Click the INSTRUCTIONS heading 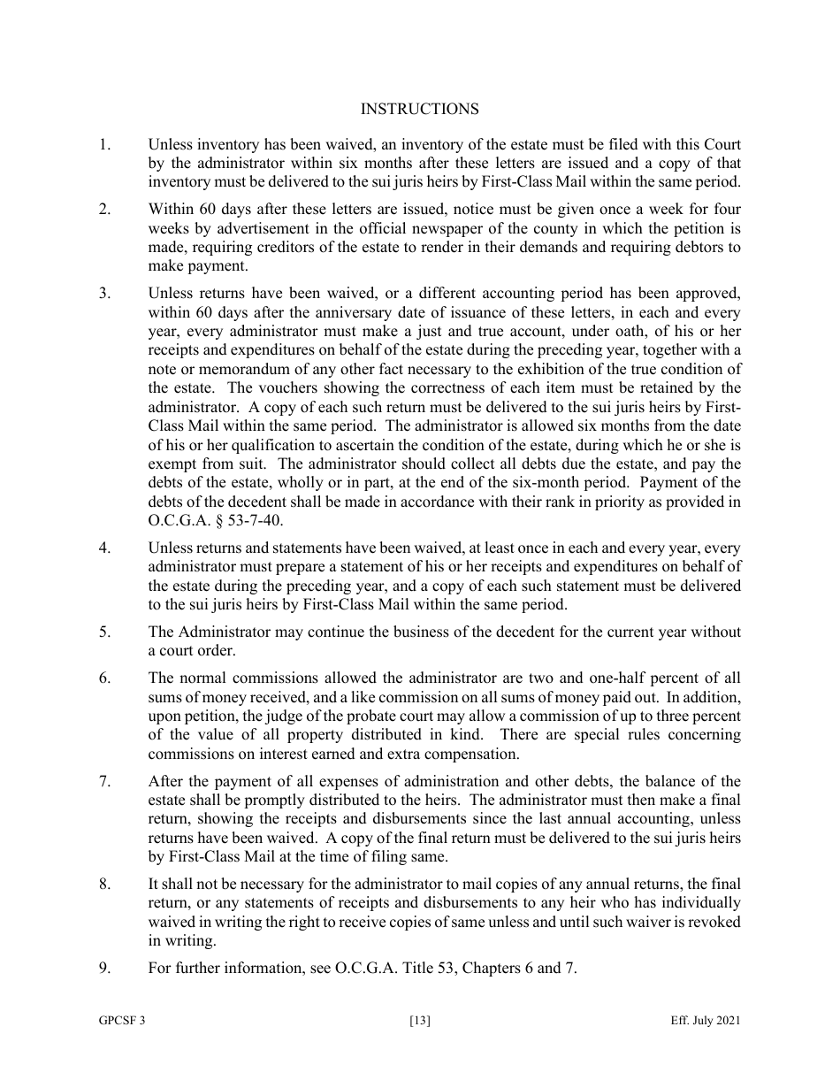pos(419,109)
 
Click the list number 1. pos(104,144)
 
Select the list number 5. pos(104,632)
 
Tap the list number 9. pos(104,968)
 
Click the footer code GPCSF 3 pos(122,1021)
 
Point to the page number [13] pos(420,1021)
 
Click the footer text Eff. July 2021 pos(706,1021)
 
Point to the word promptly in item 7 pos(271,800)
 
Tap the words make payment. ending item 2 pos(198,265)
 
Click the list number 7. pos(104,781)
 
